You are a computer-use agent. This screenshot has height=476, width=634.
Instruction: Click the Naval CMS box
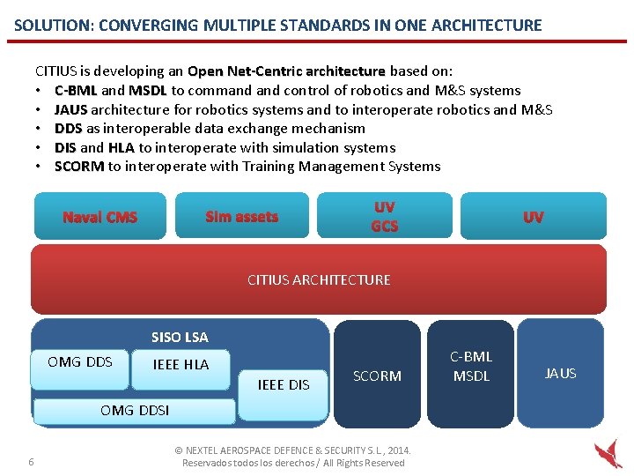pyautogui.click(x=100, y=217)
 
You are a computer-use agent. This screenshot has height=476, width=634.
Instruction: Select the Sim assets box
pyautogui.click(x=241, y=216)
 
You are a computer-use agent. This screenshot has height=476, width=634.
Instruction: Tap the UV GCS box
pyautogui.click(x=384, y=216)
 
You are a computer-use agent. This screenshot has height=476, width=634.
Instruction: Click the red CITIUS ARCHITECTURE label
pyautogui.click(x=319, y=279)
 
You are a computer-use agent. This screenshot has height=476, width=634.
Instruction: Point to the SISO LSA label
pyautogui.click(x=180, y=337)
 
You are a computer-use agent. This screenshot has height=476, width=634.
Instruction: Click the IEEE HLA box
pyautogui.click(x=181, y=364)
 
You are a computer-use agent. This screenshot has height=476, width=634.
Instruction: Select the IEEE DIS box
pyautogui.click(x=283, y=384)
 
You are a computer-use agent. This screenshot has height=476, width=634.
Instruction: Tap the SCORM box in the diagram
pyautogui.click(x=377, y=376)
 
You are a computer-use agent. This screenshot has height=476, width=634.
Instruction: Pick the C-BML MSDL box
pyautogui.click(x=471, y=367)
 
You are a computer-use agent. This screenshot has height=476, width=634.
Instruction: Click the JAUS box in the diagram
pyautogui.click(x=561, y=373)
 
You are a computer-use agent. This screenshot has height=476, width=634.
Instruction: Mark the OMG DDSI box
pyautogui.click(x=135, y=410)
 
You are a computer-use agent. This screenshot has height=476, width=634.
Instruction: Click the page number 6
pyautogui.click(x=32, y=463)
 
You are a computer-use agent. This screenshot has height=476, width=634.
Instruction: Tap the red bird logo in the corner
pyautogui.click(x=608, y=454)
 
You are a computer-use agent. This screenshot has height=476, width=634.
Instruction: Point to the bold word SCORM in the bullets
pyautogui.click(x=79, y=166)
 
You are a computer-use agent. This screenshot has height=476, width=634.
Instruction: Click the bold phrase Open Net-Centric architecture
pyautogui.click(x=286, y=71)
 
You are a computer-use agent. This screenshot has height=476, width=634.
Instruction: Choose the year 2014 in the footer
pyautogui.click(x=398, y=450)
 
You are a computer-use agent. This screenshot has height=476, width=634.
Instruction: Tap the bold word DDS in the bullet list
pyautogui.click(x=68, y=128)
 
